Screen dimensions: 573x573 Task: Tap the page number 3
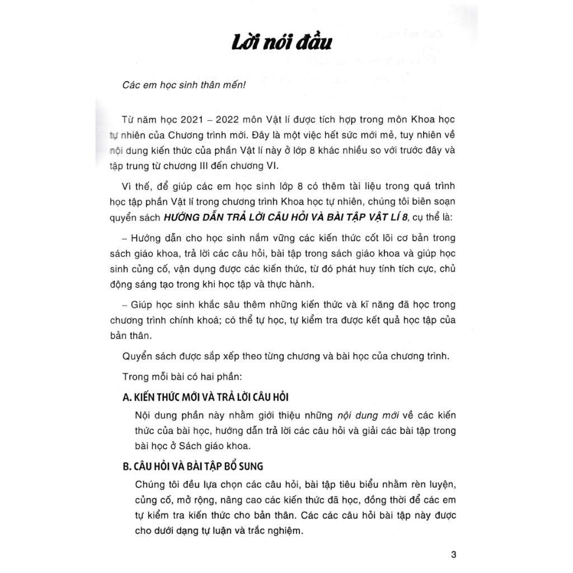tap(453, 555)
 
